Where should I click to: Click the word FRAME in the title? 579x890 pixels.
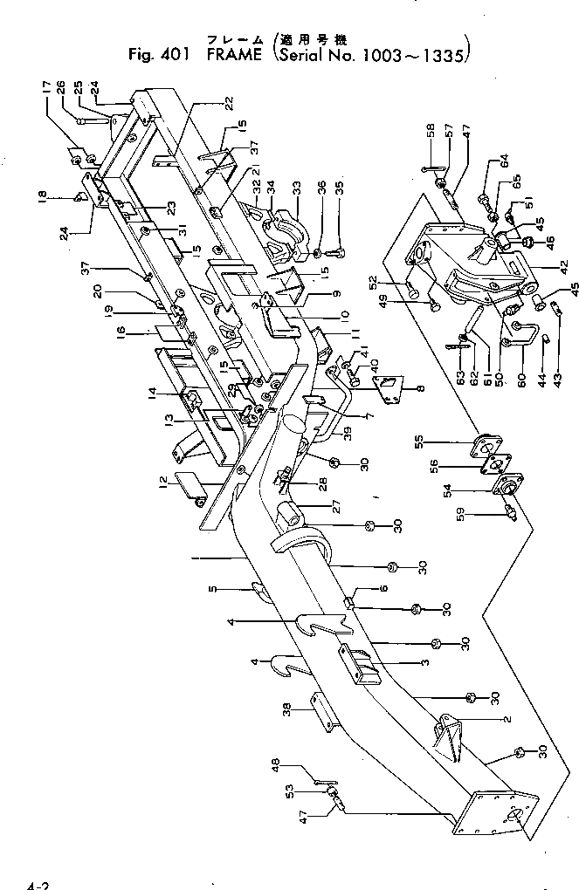[237, 54]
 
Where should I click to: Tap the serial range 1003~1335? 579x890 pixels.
[415, 54]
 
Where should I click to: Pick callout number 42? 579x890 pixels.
[562, 267]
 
